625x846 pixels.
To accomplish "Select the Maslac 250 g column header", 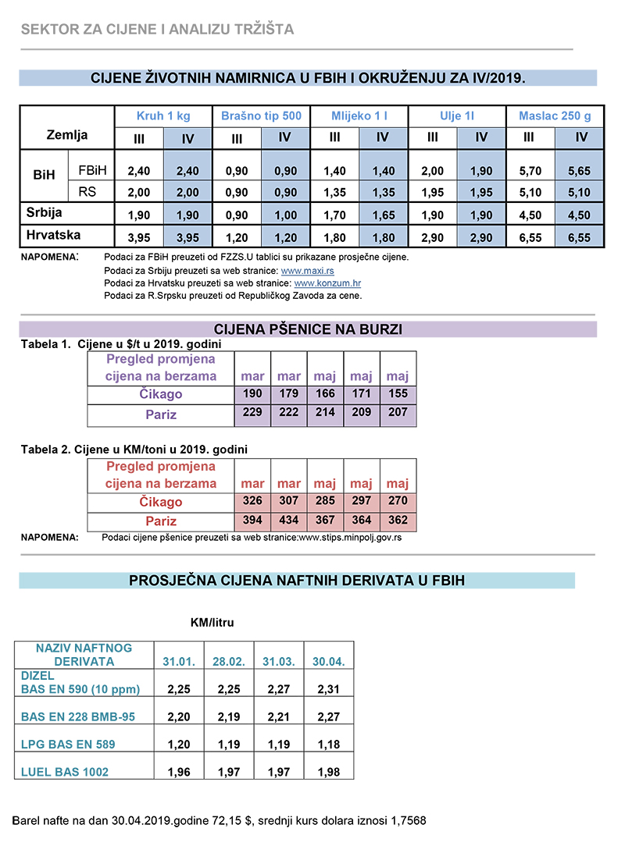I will [x=555, y=116].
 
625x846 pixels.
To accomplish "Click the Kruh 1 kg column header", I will [x=163, y=116].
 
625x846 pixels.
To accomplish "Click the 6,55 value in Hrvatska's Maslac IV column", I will [x=580, y=237].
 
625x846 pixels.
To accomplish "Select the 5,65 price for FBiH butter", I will [x=580, y=170].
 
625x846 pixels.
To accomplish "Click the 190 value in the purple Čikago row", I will [x=252, y=394].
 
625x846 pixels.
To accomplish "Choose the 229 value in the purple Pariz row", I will [x=252, y=412].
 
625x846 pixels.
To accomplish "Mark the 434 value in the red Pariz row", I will [x=289, y=520].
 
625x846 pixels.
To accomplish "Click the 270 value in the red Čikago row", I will [x=398, y=501].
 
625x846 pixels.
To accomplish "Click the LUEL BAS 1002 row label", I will [x=65, y=772].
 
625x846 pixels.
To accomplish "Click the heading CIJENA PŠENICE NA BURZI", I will [x=308, y=329].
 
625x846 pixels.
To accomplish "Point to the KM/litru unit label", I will [x=212, y=623].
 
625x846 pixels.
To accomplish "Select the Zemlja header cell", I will [x=68, y=135].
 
